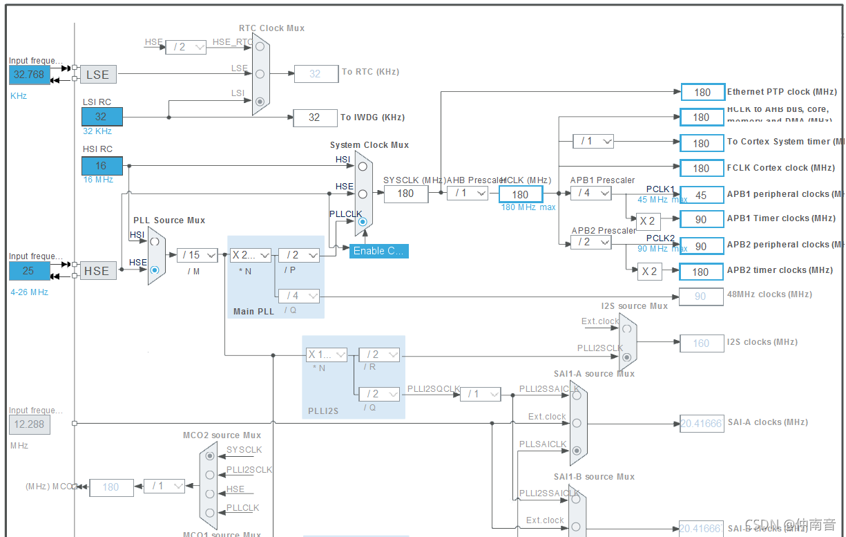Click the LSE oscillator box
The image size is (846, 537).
point(98,75)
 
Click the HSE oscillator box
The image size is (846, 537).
point(97,271)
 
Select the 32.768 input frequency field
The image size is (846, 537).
point(30,75)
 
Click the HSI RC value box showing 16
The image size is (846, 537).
point(102,166)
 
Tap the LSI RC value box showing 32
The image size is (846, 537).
point(102,117)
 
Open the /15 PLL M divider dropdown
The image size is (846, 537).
point(197,255)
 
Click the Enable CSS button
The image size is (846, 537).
point(378,251)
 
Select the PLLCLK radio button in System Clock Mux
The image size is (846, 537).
point(363,222)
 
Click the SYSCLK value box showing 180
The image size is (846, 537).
point(405,194)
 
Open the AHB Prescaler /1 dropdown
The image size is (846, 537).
point(468,194)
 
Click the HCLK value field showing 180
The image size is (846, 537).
point(520,194)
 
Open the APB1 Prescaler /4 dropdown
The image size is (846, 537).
point(590,194)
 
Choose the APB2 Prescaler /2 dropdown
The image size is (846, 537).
point(590,243)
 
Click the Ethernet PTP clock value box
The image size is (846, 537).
point(702,92)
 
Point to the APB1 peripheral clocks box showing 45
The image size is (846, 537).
point(702,195)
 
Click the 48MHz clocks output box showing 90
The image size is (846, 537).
point(701,296)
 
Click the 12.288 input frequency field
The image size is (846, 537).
point(30,425)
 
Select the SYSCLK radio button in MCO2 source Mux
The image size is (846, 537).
point(209,456)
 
